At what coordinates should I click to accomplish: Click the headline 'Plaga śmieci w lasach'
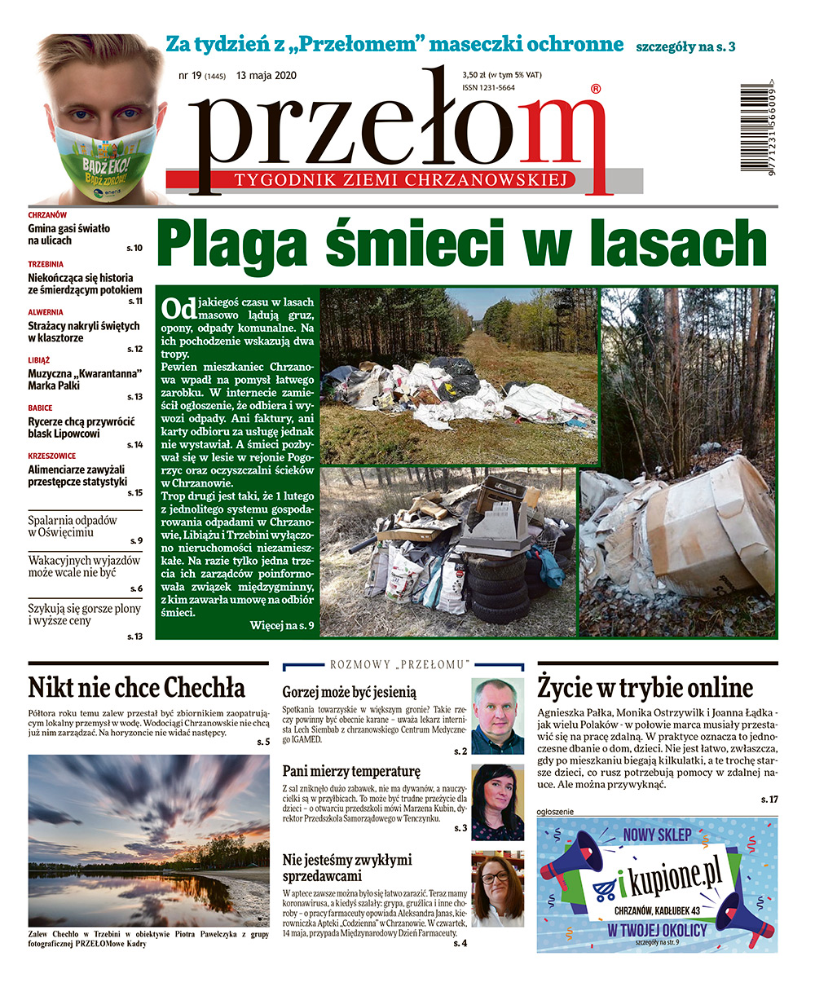462,243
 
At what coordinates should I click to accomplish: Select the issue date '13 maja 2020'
267,76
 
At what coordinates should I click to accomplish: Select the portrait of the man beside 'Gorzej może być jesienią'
497,716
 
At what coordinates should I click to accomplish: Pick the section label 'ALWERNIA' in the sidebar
46,312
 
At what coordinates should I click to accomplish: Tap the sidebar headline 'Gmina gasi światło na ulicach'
69,235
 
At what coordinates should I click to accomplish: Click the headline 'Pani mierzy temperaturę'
351,770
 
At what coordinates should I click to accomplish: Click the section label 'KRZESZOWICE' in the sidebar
51,456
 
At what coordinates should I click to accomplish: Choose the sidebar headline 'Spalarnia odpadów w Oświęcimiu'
73,526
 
